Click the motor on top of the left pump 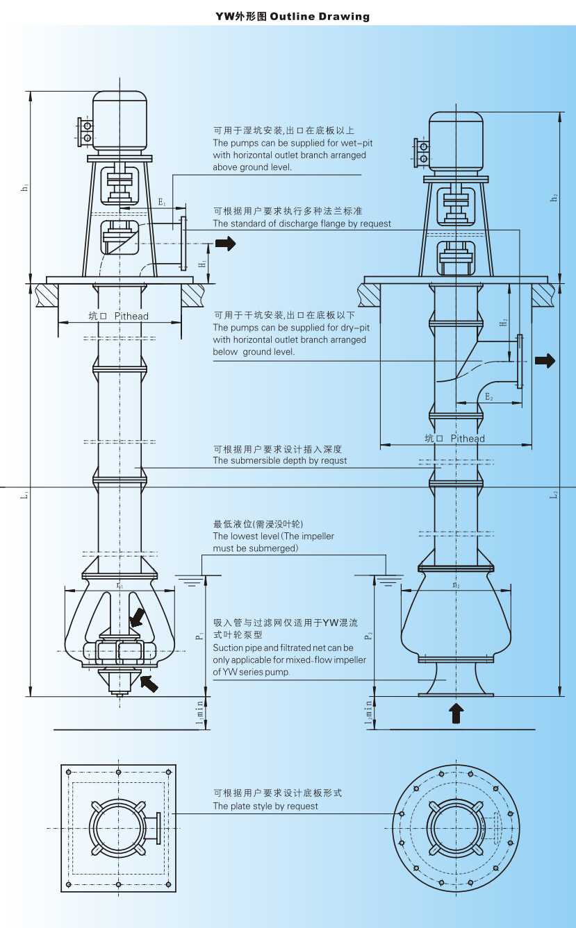(120, 121)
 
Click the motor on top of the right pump (455, 141)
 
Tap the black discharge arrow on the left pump (226, 243)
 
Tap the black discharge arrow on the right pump (545, 360)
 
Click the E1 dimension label (161, 202)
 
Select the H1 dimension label (202, 264)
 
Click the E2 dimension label (489, 397)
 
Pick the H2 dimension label (504, 322)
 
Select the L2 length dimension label (554, 495)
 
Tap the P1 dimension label (198, 635)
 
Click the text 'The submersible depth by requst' (279, 460)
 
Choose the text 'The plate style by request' (265, 806)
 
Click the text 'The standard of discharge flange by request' (302, 223)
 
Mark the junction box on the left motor (86, 132)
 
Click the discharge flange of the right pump (519, 360)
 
